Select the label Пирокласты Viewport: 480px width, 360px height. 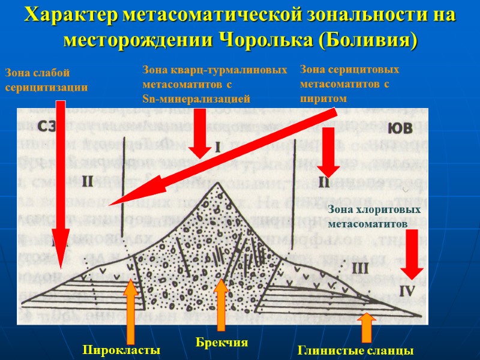tap(122, 350)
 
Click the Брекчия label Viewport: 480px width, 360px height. tap(222, 342)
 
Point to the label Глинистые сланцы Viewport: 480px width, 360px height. tap(355, 350)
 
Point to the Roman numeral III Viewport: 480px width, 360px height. tap(360, 266)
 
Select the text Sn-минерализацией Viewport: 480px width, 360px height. tap(195, 98)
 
